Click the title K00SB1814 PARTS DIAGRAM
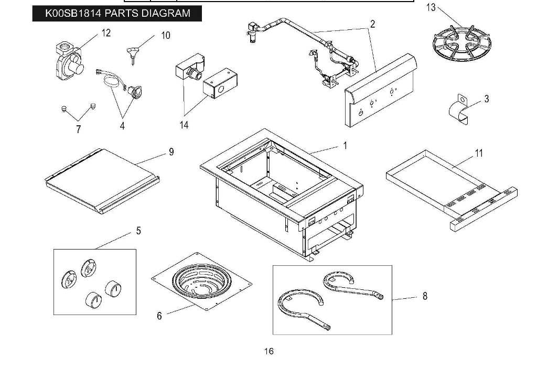coord(118,13)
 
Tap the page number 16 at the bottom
coord(268,351)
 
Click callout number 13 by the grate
coord(431,7)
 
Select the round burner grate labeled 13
coord(458,44)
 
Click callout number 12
coord(106,33)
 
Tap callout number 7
coord(79,129)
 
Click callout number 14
coord(184,125)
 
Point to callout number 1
coord(345,145)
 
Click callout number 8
coord(425,296)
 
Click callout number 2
coord(372,24)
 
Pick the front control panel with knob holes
coord(380,94)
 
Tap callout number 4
coord(122,126)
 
